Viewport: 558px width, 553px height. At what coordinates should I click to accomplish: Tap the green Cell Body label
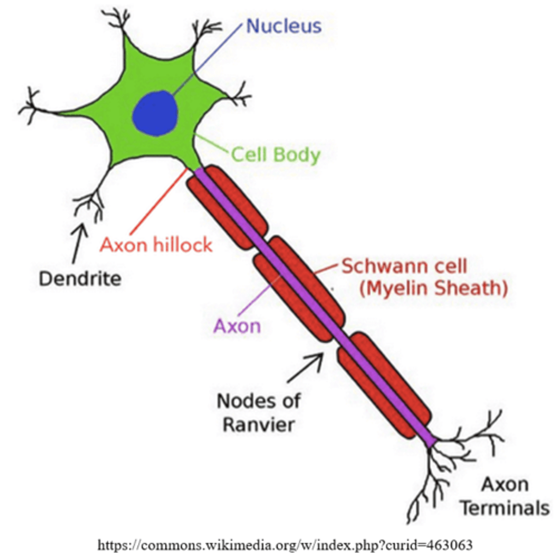(x=275, y=154)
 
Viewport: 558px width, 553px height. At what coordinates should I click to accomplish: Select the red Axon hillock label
(x=156, y=245)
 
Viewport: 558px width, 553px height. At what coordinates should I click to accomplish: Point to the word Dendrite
(x=80, y=279)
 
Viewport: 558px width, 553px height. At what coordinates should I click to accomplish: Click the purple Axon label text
(x=237, y=326)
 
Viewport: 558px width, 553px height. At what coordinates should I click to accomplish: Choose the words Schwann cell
(x=404, y=266)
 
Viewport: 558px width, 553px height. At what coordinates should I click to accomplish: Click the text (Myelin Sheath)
(x=433, y=288)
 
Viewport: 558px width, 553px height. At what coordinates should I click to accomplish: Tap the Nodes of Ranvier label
(x=258, y=412)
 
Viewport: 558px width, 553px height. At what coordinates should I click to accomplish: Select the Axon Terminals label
(x=505, y=497)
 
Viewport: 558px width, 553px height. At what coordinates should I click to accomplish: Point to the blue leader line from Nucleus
(x=207, y=60)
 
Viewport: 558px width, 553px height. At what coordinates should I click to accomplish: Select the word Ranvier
(x=258, y=424)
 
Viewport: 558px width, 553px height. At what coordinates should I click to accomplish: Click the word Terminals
(x=505, y=508)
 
